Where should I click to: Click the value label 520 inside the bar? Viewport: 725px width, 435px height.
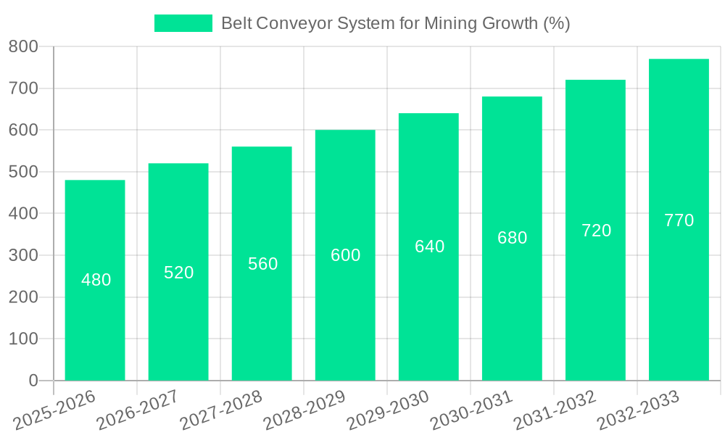pos(178,273)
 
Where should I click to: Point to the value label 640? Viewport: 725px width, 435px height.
pos(429,246)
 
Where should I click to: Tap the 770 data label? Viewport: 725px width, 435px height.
pos(679,220)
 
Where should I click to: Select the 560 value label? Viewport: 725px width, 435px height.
pos(262,264)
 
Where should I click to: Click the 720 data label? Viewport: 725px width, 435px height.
pos(596,231)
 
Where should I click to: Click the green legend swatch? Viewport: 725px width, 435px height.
pos(183,23)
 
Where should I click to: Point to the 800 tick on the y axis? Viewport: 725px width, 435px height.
pos(23,47)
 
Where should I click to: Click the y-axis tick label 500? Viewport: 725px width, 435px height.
pos(23,172)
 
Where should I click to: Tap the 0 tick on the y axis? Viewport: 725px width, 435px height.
pos(33,381)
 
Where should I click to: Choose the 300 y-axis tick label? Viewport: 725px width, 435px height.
pos(23,255)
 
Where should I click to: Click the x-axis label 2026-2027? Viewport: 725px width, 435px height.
pos(138,410)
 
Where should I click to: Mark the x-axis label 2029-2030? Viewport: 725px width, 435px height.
pos(389,410)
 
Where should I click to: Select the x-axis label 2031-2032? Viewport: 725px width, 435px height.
pos(555,410)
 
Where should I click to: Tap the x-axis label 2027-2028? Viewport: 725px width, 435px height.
pos(222,410)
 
